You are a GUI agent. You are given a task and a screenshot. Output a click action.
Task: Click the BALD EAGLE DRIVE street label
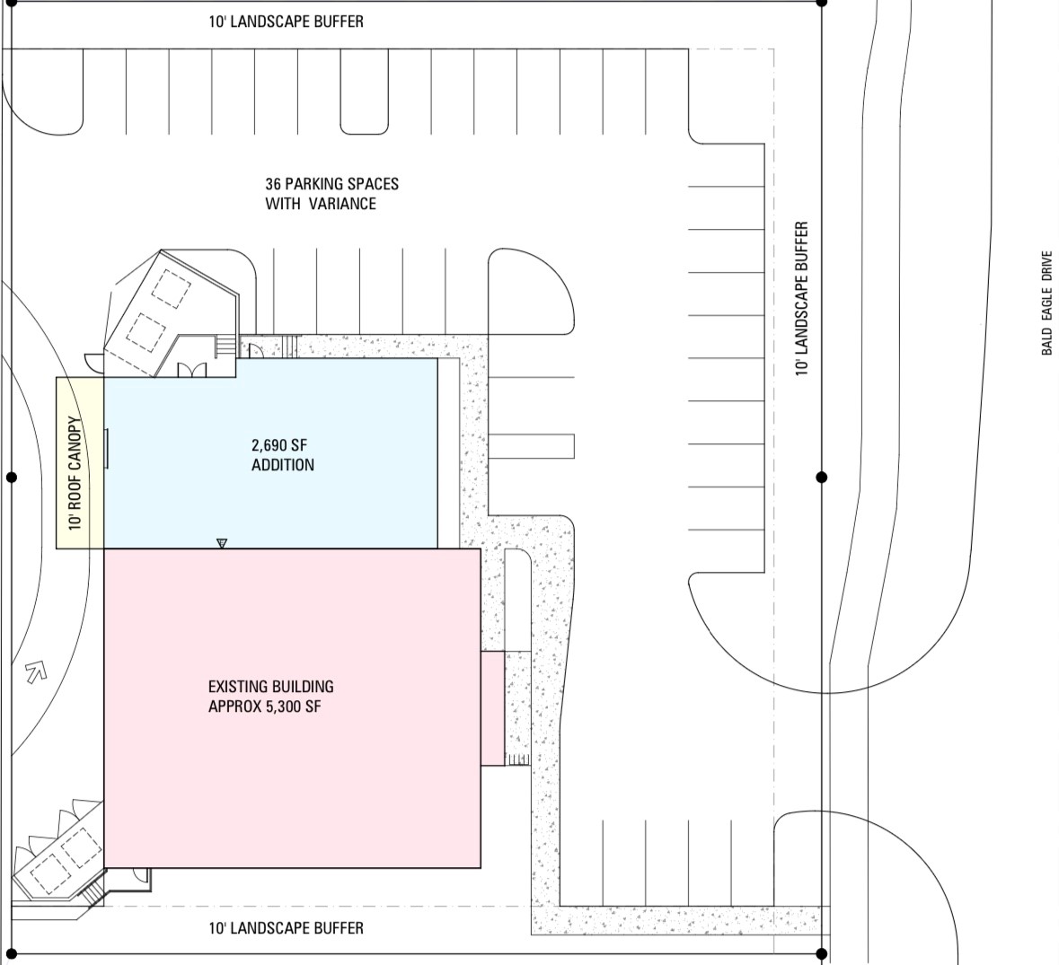coord(1046,303)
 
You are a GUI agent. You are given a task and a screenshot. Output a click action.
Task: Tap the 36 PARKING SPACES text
coord(331,183)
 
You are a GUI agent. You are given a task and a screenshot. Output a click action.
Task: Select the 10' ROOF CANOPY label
coord(75,473)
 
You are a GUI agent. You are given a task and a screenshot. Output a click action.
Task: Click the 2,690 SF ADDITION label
coord(282,455)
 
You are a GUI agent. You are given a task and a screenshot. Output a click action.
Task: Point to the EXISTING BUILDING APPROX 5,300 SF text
coord(271,697)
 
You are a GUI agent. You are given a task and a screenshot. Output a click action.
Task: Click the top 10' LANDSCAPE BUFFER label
coord(286,22)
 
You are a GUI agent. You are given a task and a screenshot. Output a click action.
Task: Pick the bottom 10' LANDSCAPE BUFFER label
coord(286,928)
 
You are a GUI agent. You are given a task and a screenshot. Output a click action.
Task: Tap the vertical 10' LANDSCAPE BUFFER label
coord(802,298)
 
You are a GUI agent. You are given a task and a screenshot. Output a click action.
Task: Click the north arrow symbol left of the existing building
coord(36,671)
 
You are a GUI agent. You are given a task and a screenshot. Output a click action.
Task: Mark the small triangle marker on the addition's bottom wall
coord(222,543)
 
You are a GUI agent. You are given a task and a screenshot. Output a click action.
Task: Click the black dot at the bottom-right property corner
coord(821,953)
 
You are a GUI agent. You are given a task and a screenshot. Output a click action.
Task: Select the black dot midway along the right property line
coord(821,477)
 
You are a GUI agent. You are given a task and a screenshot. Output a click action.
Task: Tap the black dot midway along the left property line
coord(12,477)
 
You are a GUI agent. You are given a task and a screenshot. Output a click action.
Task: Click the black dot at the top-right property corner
coord(821,3)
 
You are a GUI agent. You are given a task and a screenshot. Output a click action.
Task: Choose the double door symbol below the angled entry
coord(192,369)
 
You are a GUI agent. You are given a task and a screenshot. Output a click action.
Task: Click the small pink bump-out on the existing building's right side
coord(492,708)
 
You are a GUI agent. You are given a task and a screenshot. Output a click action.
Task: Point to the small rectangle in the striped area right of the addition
coord(531,446)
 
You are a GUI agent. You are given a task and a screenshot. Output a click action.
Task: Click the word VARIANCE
coord(342,204)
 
